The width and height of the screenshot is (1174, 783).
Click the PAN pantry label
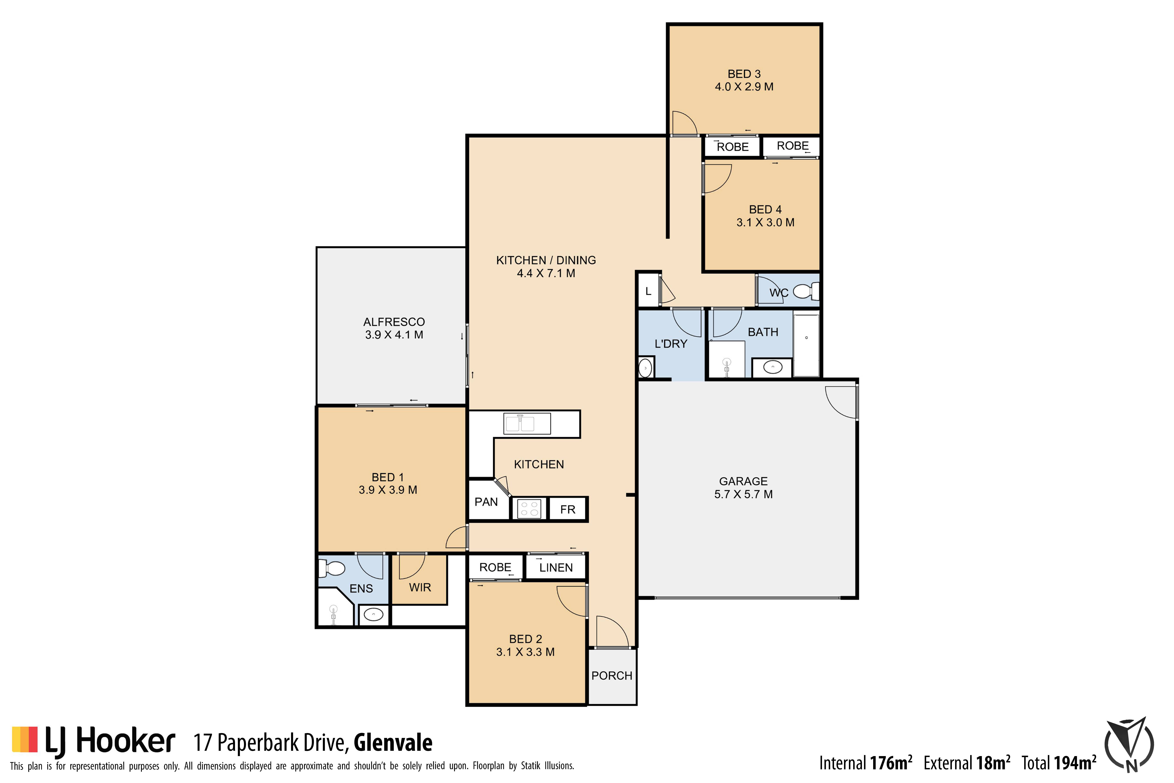point(486,502)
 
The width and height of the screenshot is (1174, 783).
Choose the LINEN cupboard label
point(556,568)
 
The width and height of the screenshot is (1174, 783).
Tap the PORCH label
point(612,676)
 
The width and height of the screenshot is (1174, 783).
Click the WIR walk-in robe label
point(420,588)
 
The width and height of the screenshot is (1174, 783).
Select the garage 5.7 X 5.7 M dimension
point(743,494)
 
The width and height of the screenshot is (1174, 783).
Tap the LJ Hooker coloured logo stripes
point(25,739)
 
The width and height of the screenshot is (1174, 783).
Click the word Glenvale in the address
point(393,743)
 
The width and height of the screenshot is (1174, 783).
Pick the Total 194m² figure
point(1059,763)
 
